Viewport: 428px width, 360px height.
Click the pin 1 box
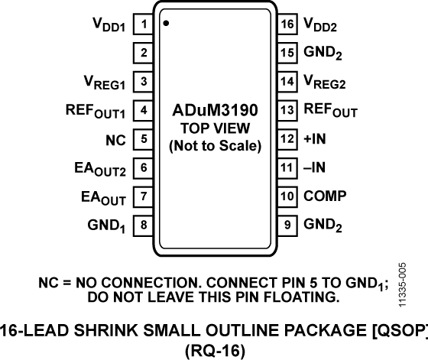coord(143,25)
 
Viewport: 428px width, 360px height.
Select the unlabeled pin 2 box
coord(143,54)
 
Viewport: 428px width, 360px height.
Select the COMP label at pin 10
coord(326,196)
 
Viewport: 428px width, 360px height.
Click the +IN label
coord(315,139)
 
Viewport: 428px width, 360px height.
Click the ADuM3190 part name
coord(214,112)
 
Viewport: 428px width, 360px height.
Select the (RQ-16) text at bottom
coord(214,349)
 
